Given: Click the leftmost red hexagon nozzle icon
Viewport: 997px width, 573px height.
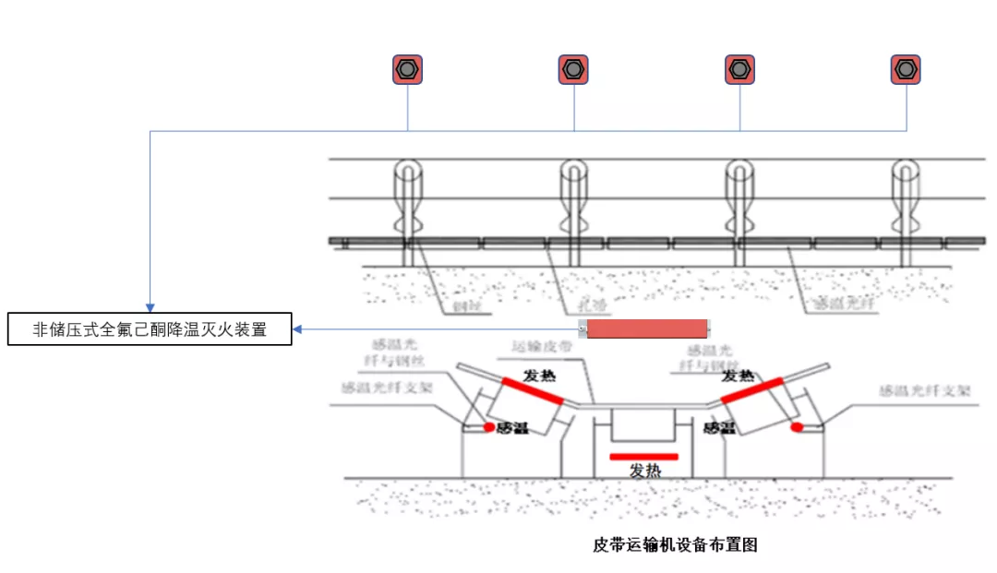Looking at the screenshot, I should [x=407, y=69].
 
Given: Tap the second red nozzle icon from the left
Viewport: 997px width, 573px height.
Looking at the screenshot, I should [x=573, y=69].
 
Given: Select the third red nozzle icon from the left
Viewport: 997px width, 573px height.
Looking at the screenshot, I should [x=739, y=69].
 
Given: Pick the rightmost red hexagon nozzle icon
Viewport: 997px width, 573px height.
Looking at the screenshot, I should [x=906, y=69].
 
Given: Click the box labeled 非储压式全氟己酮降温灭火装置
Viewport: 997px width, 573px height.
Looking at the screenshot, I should [x=150, y=329].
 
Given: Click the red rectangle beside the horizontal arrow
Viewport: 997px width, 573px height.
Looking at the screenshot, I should [x=647, y=328].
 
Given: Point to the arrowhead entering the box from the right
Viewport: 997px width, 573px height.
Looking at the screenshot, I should [x=298, y=329].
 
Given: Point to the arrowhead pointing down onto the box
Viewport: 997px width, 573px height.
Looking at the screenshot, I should [x=150, y=307].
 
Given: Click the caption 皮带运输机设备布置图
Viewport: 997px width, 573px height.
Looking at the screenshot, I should [x=675, y=544].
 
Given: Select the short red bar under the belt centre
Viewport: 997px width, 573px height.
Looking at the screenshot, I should [x=643, y=456].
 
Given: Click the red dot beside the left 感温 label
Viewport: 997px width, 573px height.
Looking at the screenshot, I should [x=489, y=427].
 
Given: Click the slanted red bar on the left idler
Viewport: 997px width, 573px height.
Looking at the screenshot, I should [x=533, y=391].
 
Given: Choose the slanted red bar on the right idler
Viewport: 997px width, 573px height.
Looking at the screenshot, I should [x=751, y=390].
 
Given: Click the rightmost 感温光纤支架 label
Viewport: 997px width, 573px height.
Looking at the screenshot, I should [x=924, y=390].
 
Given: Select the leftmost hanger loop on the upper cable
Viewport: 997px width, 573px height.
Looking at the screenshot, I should [x=407, y=171].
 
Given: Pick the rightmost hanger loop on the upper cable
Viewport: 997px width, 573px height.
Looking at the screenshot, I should [x=905, y=171].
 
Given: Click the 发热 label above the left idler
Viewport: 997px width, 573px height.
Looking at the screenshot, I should [x=541, y=376].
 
